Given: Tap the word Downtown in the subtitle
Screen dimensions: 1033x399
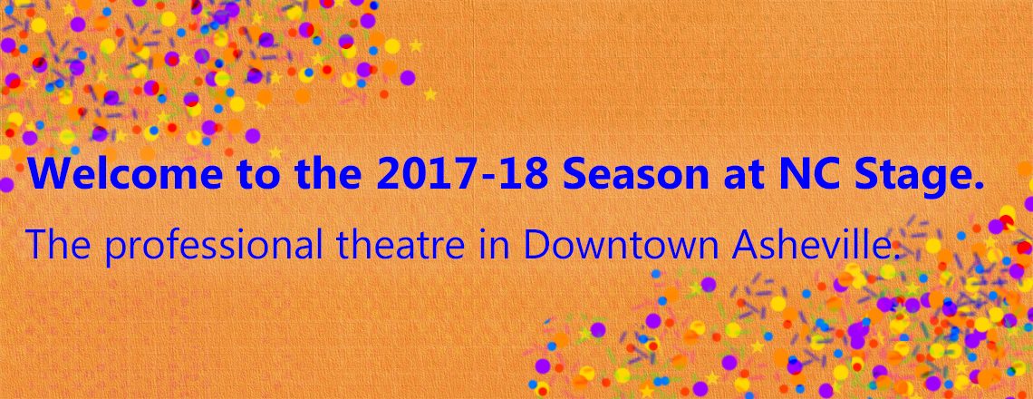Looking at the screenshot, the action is pyautogui.click(x=621, y=245).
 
